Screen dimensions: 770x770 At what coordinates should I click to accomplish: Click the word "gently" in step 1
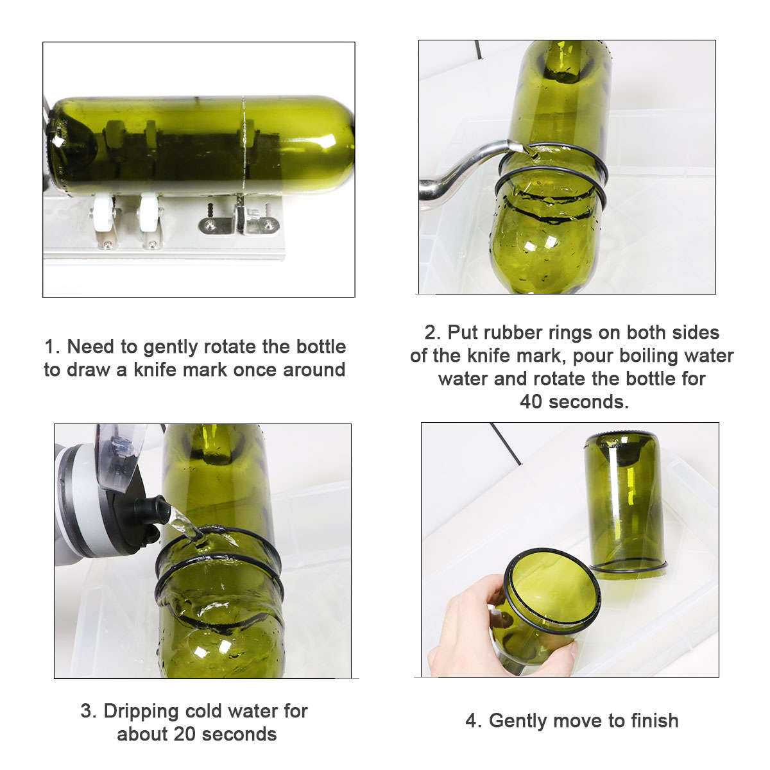tap(171, 347)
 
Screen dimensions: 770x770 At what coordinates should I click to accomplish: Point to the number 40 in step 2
tap(531, 402)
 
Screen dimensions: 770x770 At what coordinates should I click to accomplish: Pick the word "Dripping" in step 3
tap(141, 712)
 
